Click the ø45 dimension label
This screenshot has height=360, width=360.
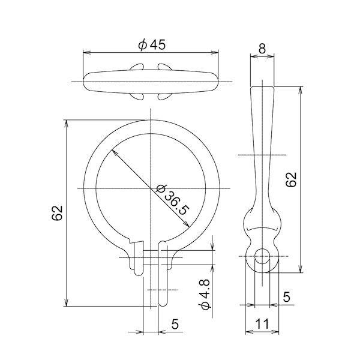tap(152, 45)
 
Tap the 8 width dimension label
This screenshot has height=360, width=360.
tap(262, 49)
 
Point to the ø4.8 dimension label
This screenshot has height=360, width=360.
tap(205, 295)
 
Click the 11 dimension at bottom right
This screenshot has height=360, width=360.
tap(262, 324)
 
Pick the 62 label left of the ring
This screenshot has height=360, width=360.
tap(57, 213)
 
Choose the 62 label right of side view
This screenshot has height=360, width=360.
tap(292, 179)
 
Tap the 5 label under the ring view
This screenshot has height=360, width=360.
tap(175, 324)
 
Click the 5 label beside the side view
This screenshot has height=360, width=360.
tap(286, 297)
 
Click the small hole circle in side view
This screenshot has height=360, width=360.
tap(262, 256)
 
